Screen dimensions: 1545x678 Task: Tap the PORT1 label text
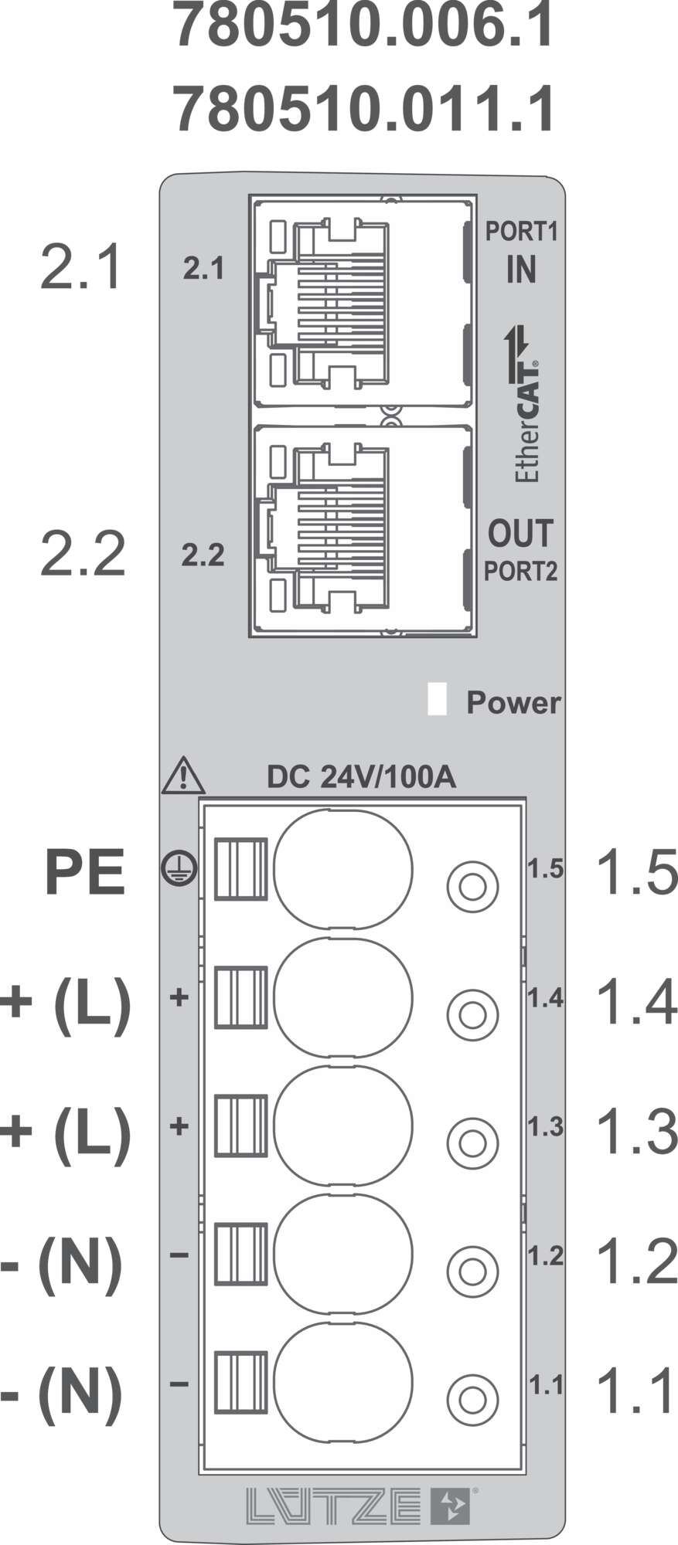521,231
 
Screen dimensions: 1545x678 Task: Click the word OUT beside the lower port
521,534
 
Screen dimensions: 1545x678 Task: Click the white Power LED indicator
438,699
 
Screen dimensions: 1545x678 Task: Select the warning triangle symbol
183,777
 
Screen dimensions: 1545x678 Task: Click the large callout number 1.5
636,874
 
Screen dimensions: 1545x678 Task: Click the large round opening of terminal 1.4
343,998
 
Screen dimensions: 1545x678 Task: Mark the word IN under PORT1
521,270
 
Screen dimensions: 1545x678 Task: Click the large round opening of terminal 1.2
343,1256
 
